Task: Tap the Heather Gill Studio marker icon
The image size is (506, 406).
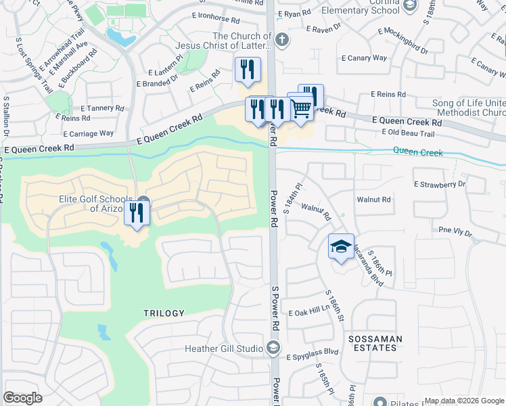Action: [273, 348]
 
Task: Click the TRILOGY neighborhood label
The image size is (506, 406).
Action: [164, 313]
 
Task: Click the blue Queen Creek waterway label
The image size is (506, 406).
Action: [418, 153]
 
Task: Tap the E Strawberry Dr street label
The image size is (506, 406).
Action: [440, 183]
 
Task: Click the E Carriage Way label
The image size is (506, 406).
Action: [92, 133]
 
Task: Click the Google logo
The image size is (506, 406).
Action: [22, 398]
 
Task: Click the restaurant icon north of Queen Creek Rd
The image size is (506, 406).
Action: [248, 70]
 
